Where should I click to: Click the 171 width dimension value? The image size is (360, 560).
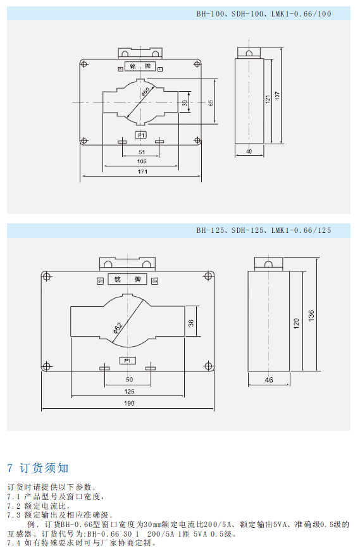tap(142, 171)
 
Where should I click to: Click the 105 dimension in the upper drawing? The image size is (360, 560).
tap(142, 161)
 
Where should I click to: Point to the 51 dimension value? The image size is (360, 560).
tap(142, 152)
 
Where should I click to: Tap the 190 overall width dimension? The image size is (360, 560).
tap(129, 403)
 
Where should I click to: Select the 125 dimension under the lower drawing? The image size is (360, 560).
tap(129, 392)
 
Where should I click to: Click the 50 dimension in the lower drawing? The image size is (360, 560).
tap(129, 380)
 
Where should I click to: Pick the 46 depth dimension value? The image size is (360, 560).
tap(269, 380)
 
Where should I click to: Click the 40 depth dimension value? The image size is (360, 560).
tap(249, 151)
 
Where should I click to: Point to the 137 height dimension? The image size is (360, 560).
tap(278, 96)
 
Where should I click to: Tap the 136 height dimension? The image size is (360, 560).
tap(311, 315)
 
